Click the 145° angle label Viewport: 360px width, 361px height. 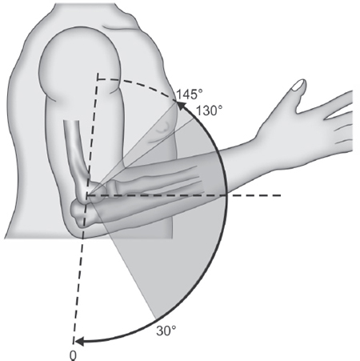[x=190, y=94]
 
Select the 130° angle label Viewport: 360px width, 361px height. [x=209, y=110]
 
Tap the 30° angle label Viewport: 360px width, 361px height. [x=166, y=331]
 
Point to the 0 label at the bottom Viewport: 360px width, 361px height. [x=73, y=355]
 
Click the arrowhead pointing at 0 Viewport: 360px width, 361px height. [x=79, y=342]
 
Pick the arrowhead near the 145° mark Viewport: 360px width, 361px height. [x=181, y=105]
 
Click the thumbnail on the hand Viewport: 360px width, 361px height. [x=298, y=85]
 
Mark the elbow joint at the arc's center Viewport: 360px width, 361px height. [x=87, y=196]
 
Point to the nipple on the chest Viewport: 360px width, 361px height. [x=163, y=126]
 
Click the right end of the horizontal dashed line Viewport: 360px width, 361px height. [x=281, y=195]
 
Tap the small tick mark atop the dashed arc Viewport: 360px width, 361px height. [x=98, y=76]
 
